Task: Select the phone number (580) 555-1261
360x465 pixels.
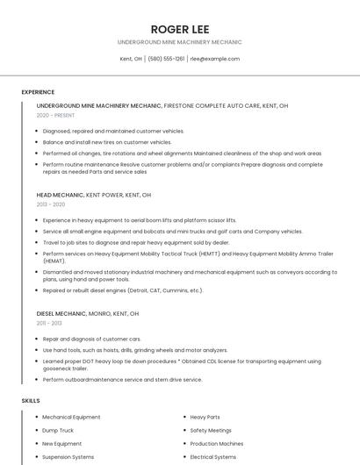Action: [x=166, y=59]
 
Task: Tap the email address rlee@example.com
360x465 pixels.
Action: [x=215, y=59]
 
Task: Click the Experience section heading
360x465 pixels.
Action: [x=38, y=92]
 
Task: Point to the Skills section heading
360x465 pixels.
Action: [x=31, y=400]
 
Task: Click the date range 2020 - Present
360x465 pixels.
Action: [x=56, y=115]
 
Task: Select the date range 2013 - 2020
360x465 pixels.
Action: [x=51, y=204]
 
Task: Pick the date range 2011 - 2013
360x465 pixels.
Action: [x=49, y=323]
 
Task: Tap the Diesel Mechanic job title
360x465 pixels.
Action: [x=61, y=313]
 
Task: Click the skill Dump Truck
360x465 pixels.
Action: [x=58, y=431]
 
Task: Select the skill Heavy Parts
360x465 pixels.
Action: [x=205, y=418]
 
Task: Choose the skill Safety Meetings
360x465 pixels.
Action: [x=211, y=431]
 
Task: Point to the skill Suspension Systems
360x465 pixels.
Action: [x=68, y=457]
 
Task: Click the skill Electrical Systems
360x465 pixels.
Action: [x=213, y=457]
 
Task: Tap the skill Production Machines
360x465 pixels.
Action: [x=217, y=444]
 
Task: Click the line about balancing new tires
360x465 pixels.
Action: [x=107, y=142]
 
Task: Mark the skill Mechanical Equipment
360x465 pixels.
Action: [x=71, y=418]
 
